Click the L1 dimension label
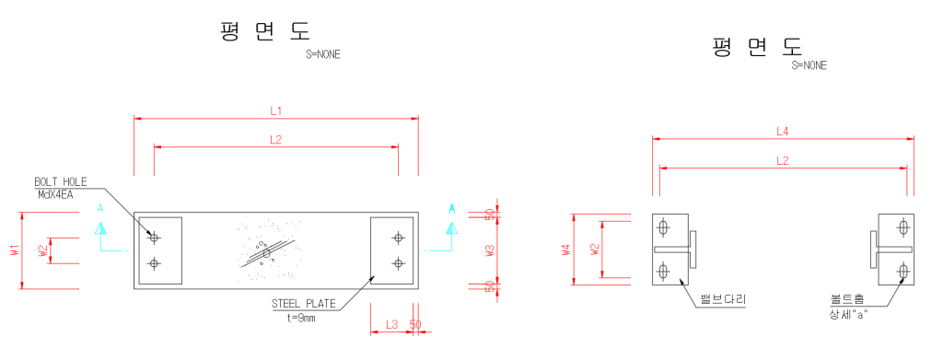[276, 111]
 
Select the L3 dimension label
[391, 324]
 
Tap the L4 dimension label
[782, 132]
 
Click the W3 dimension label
[490, 250]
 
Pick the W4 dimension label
[566, 250]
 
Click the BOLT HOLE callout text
[60, 181]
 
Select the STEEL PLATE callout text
[304, 304]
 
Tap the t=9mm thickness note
[301, 318]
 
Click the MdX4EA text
[55, 194]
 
